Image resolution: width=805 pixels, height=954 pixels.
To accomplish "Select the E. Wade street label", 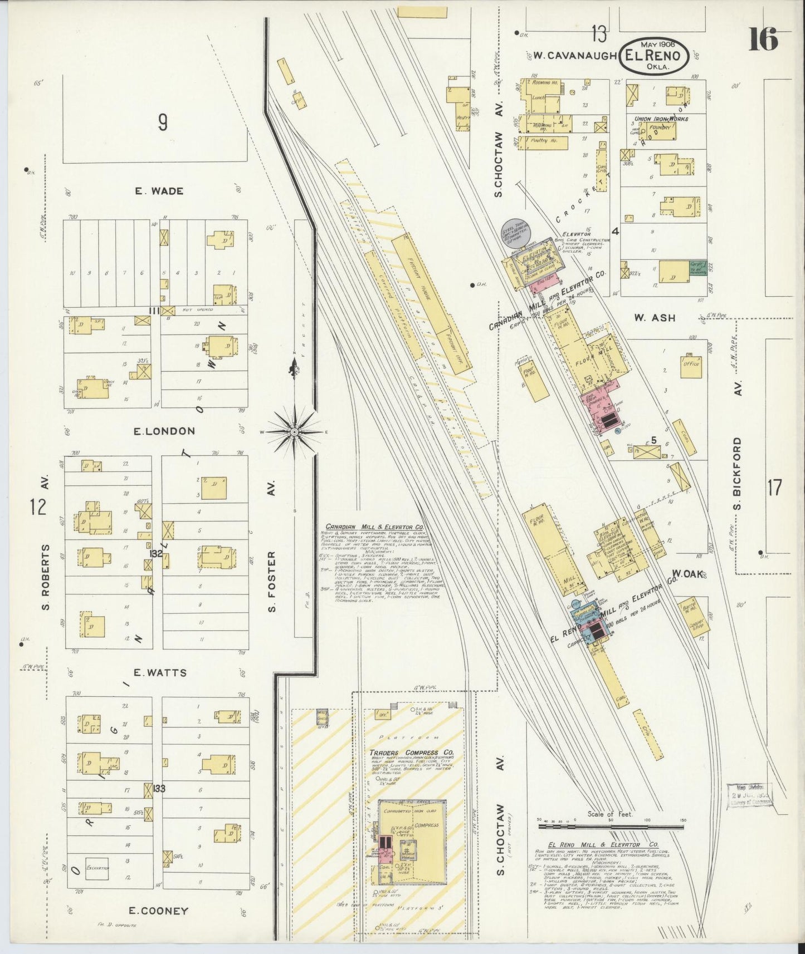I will [159, 191].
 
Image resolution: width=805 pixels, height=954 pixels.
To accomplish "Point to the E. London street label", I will [164, 431].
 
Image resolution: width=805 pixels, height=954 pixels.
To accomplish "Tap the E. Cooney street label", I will [158, 911].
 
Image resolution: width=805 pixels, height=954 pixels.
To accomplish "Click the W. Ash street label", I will [655, 318].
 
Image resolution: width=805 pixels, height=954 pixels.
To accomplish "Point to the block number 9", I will [162, 122].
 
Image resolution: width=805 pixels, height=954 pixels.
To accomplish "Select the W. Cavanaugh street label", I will [574, 56].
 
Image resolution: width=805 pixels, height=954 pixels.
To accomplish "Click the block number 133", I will [159, 788].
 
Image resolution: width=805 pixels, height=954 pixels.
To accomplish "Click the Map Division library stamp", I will [749, 795].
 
